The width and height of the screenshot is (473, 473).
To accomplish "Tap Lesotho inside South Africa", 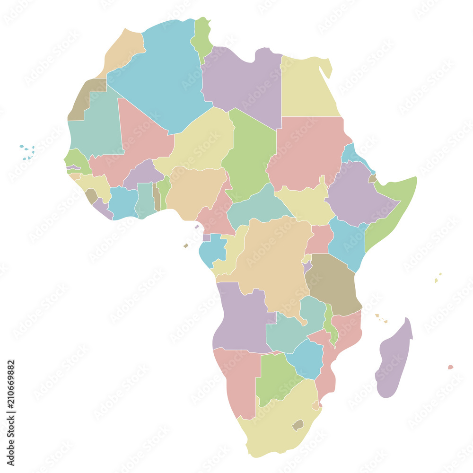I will pos(298,424).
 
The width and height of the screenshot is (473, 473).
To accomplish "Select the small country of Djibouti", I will pos(373,178).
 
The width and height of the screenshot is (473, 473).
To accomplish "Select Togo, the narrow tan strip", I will pos(156,196).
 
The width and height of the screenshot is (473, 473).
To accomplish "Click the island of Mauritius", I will pos(450,367).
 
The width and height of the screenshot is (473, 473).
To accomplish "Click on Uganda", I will pos(320,239).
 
